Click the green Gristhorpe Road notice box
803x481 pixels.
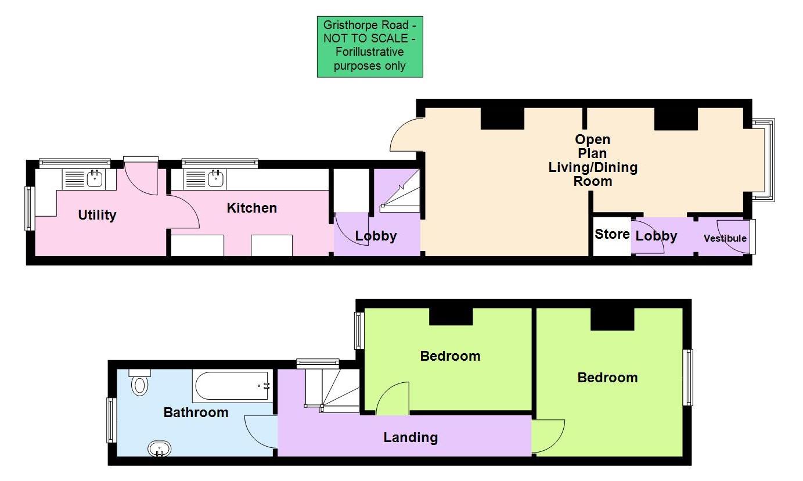pyautogui.click(x=370, y=47)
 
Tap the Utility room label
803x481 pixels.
pyautogui.click(x=97, y=215)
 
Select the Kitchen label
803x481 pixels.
pyautogui.click(x=251, y=207)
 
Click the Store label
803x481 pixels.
pyautogui.click(x=612, y=234)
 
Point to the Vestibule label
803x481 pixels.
pyautogui.click(x=725, y=238)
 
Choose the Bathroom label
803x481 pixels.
pyautogui.click(x=196, y=412)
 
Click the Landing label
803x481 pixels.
pyautogui.click(x=410, y=437)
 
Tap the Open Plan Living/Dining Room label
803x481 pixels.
pyautogui.click(x=593, y=160)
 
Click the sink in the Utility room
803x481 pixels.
pyautogui.click(x=95, y=178)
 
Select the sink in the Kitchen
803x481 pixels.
pyautogui.click(x=216, y=179)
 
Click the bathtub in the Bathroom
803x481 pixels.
pyautogui.click(x=232, y=386)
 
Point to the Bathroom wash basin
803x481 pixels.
pyautogui.click(x=159, y=449)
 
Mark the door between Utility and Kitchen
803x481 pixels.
pyautogui.click(x=183, y=212)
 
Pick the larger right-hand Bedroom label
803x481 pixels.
pyautogui.click(x=607, y=378)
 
